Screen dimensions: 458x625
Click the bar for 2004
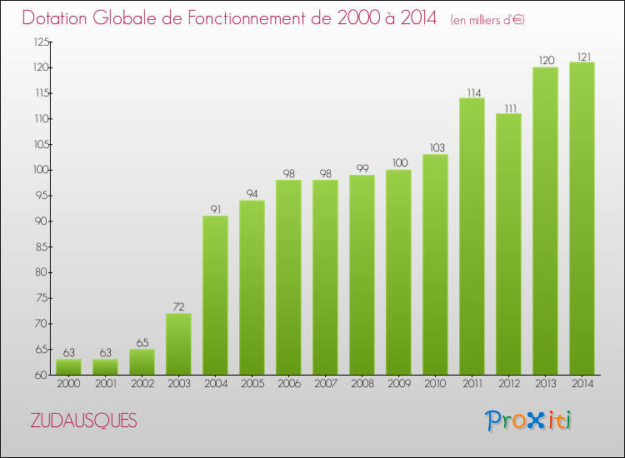point(215,295)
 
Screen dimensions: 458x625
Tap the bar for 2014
point(582,218)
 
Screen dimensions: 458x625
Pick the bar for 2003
point(178,343)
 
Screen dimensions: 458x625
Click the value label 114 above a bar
point(472,92)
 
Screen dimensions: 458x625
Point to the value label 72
point(178,307)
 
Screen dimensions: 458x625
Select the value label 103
point(435,148)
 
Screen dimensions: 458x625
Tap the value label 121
point(582,57)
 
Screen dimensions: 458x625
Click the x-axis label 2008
point(362,384)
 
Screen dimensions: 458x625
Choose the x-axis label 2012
point(508,384)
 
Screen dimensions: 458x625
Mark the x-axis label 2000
point(68,384)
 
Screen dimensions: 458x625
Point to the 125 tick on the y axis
point(40,42)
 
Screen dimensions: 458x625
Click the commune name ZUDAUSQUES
point(83,421)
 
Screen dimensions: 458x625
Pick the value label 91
point(215,210)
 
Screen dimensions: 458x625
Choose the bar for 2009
point(398,271)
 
